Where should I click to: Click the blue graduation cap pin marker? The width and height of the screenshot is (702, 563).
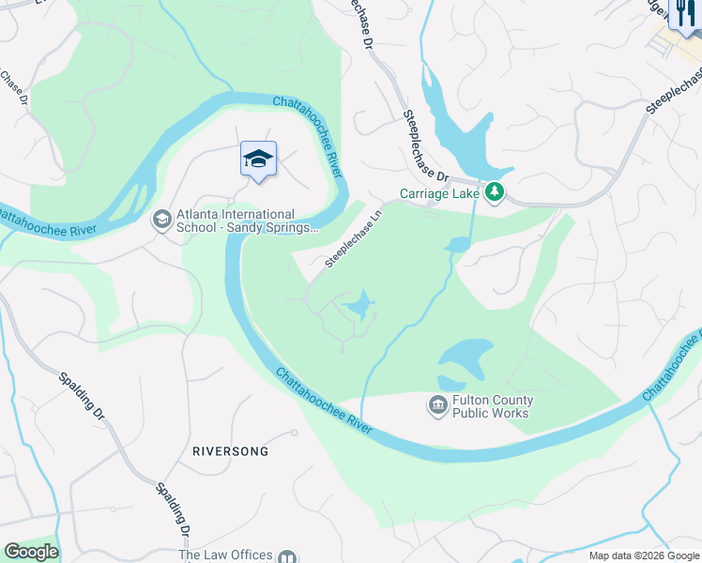tap(258, 159)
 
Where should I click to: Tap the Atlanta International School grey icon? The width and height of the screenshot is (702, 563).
tap(161, 220)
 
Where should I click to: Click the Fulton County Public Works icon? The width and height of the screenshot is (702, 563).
tap(437, 405)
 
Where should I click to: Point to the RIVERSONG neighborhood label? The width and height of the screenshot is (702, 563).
tap(230, 451)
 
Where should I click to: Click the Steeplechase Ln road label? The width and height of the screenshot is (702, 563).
tap(354, 238)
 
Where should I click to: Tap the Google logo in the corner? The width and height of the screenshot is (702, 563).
tap(30, 552)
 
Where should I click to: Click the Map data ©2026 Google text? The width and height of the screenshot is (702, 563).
tap(644, 555)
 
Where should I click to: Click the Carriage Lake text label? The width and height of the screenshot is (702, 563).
tap(439, 193)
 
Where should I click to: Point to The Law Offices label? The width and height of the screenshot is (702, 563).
tap(225, 555)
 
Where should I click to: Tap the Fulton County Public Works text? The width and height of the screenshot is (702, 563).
tap(493, 406)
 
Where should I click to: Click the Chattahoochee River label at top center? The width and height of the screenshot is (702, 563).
tap(307, 131)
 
